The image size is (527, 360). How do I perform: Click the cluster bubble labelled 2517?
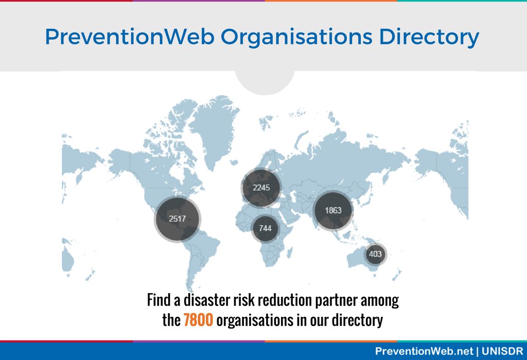[178, 219]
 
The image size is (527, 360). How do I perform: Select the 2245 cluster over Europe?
[261, 187]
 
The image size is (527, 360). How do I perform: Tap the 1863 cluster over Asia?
[333, 210]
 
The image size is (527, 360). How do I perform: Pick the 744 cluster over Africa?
[265, 228]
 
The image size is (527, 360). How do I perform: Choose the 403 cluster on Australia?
[375, 254]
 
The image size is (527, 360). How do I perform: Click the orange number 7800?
[198, 320]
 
